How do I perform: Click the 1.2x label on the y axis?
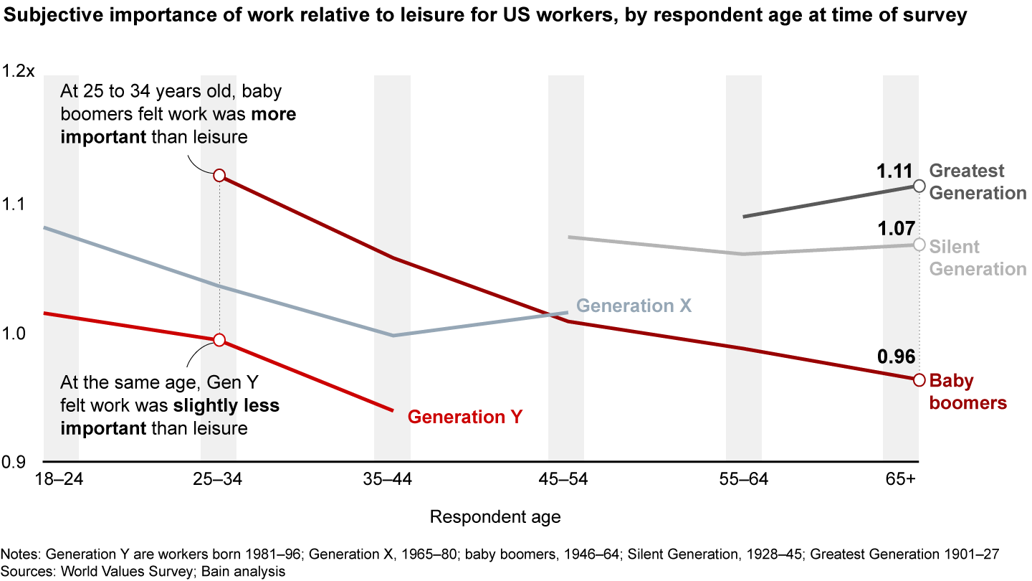19,72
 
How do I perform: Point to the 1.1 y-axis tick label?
15,204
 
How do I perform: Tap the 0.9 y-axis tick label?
15,462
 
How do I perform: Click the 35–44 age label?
391,479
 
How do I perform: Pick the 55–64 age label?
743,479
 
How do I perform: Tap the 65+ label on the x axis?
901,479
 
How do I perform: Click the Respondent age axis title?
495,516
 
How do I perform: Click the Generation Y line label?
465,417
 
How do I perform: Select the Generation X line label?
634,306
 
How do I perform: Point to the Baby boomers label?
967,392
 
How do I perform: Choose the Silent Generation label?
978,258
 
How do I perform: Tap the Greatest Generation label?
978,181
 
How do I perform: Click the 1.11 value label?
894,171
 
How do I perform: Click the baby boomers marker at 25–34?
219,176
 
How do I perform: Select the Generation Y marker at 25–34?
219,339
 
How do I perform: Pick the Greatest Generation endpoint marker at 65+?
919,186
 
